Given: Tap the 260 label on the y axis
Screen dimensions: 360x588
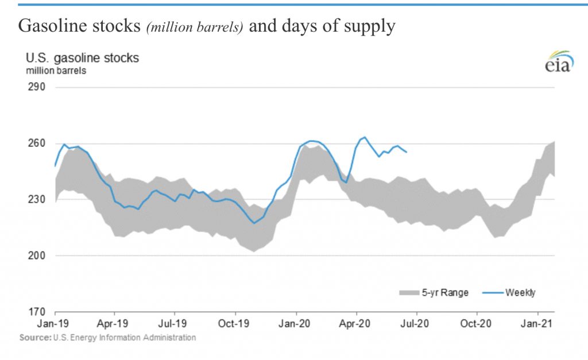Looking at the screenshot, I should click(x=33, y=144).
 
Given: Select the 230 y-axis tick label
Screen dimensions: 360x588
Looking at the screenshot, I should click(x=33, y=200).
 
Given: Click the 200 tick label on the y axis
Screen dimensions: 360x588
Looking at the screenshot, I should click(x=33, y=256).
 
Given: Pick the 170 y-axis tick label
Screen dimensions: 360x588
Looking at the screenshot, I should click(x=33, y=312).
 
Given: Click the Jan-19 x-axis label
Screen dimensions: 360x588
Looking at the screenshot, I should click(x=55, y=324).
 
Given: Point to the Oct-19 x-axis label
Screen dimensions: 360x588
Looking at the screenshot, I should click(x=235, y=324).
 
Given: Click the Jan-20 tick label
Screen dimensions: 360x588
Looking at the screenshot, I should click(x=296, y=324).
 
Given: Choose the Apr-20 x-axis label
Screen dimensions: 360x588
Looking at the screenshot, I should click(x=356, y=324).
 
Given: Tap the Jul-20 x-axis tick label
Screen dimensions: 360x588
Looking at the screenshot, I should click(x=416, y=324).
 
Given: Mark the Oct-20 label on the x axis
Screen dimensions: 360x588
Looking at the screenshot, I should click(x=477, y=324).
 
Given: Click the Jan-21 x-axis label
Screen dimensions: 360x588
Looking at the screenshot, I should click(x=537, y=324).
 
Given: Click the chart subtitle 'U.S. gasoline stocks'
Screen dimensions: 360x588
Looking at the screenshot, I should click(x=82, y=59).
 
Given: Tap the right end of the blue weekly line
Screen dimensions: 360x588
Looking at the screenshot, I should click(x=407, y=152).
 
